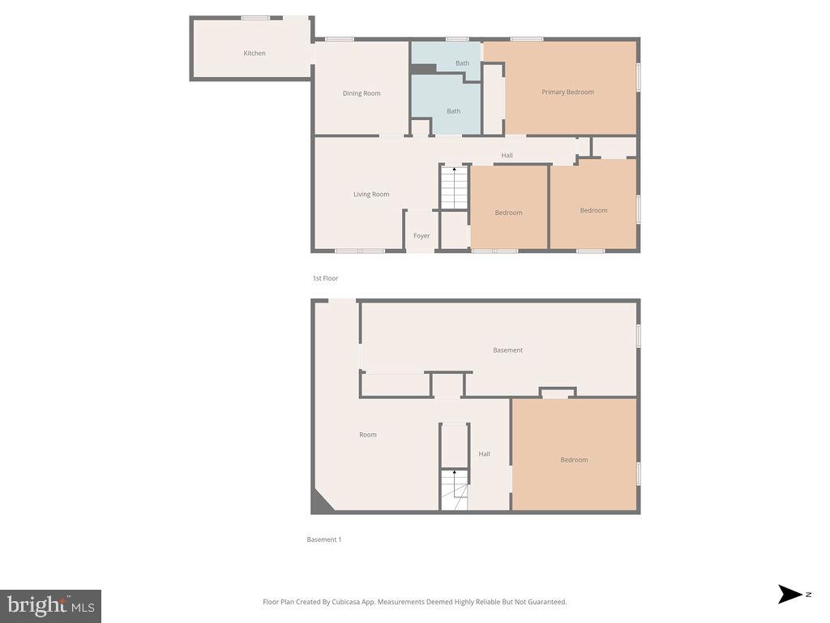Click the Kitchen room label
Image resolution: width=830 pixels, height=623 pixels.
coord(255,54)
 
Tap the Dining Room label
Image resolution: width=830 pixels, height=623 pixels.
coord(362,93)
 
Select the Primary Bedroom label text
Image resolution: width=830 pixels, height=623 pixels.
coord(567,92)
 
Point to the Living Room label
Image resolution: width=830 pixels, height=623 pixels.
coord(371,194)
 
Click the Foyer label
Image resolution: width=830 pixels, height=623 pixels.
coord(421,236)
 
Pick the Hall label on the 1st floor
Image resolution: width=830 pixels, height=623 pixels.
coord(507,156)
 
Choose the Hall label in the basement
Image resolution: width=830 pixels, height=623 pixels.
coord(484,454)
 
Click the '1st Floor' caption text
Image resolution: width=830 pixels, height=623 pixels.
coord(325,278)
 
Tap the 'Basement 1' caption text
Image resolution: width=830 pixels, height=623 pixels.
coord(323,539)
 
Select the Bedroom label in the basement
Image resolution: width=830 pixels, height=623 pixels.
coord(574,460)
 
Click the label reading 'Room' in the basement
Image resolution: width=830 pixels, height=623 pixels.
coord(368,435)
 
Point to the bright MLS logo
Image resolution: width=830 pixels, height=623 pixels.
coord(50,605)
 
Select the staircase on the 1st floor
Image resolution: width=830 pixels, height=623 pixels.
coord(455,188)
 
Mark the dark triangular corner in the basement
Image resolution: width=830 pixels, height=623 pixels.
coord(320,503)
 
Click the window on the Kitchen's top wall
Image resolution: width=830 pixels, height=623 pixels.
coord(255,18)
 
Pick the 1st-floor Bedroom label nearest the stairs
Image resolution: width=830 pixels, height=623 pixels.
coord(508,213)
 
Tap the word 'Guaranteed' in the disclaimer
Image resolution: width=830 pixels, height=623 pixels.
coord(547,602)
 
